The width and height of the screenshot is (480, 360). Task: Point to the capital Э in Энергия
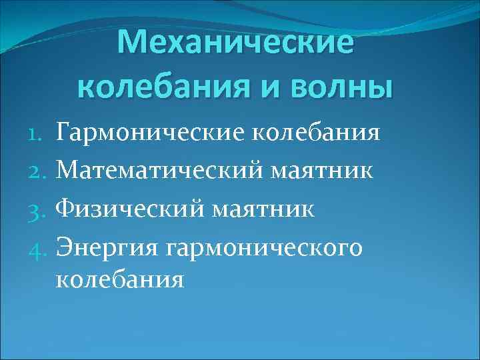tap(65, 247)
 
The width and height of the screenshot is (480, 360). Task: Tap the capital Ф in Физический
tap(66, 209)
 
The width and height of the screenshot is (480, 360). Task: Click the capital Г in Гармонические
tap(64, 133)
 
